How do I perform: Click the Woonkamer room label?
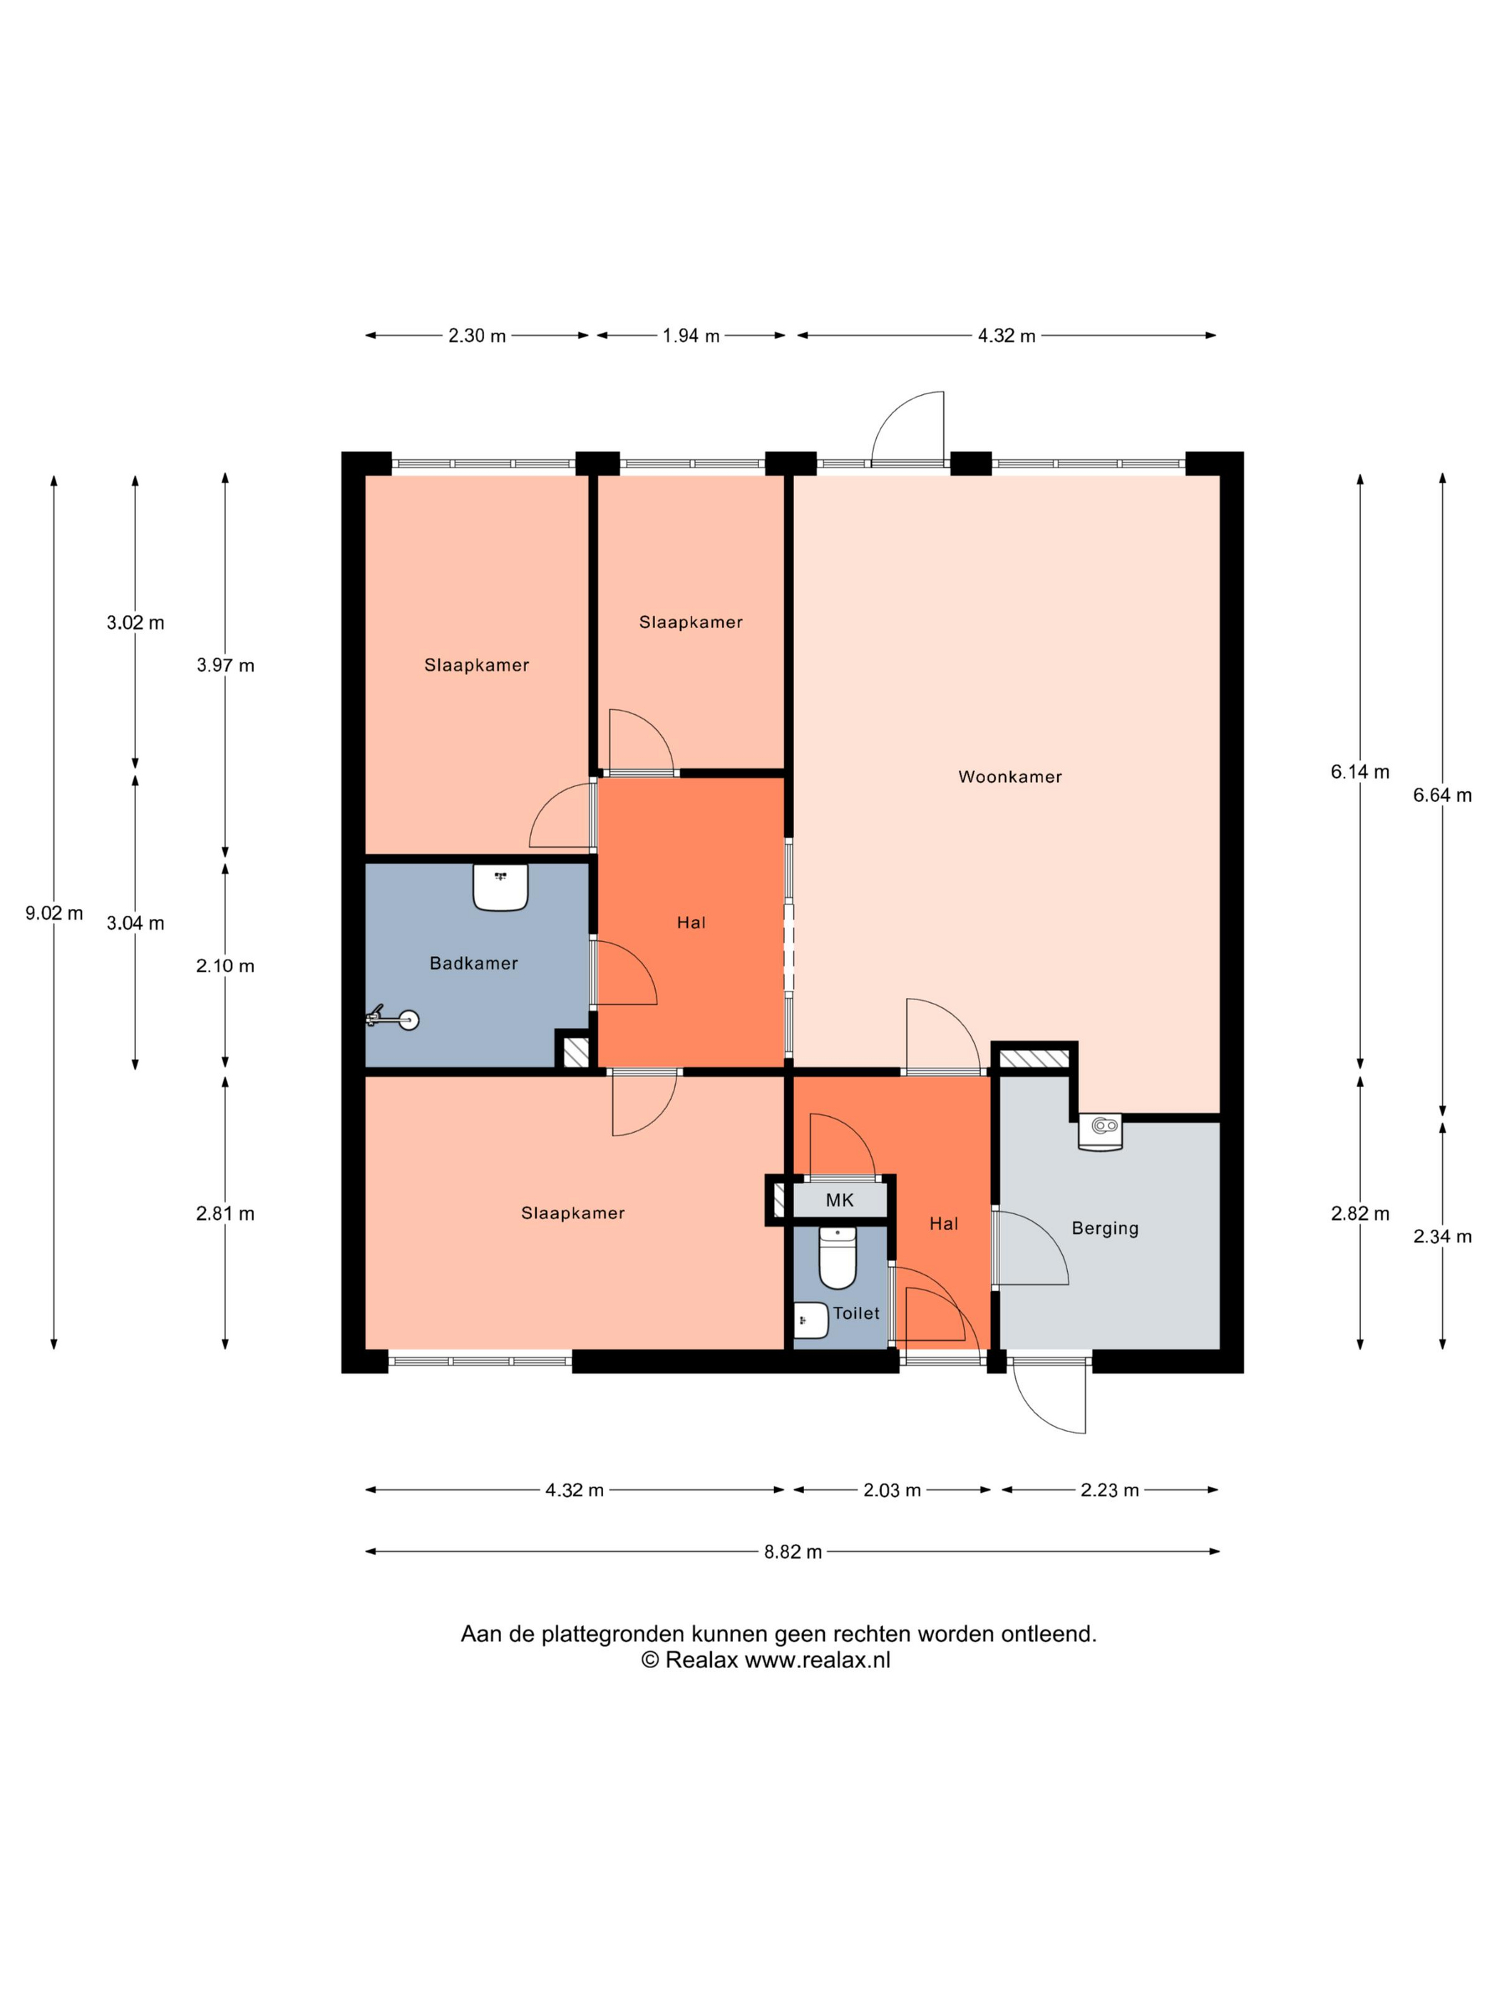pyautogui.click(x=1009, y=777)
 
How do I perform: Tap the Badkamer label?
pyautogui.click(x=474, y=964)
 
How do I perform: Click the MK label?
pyautogui.click(x=839, y=1200)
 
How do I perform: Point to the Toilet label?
pyautogui.click(x=855, y=1313)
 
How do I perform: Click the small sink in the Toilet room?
pyautogui.click(x=811, y=1320)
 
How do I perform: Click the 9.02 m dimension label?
pyautogui.click(x=54, y=913)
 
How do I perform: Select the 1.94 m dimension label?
pyautogui.click(x=691, y=336)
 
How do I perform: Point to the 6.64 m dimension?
pyautogui.click(x=1442, y=795)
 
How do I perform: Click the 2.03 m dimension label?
pyautogui.click(x=892, y=1490)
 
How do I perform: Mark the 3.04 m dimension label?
pyautogui.click(x=135, y=923)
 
